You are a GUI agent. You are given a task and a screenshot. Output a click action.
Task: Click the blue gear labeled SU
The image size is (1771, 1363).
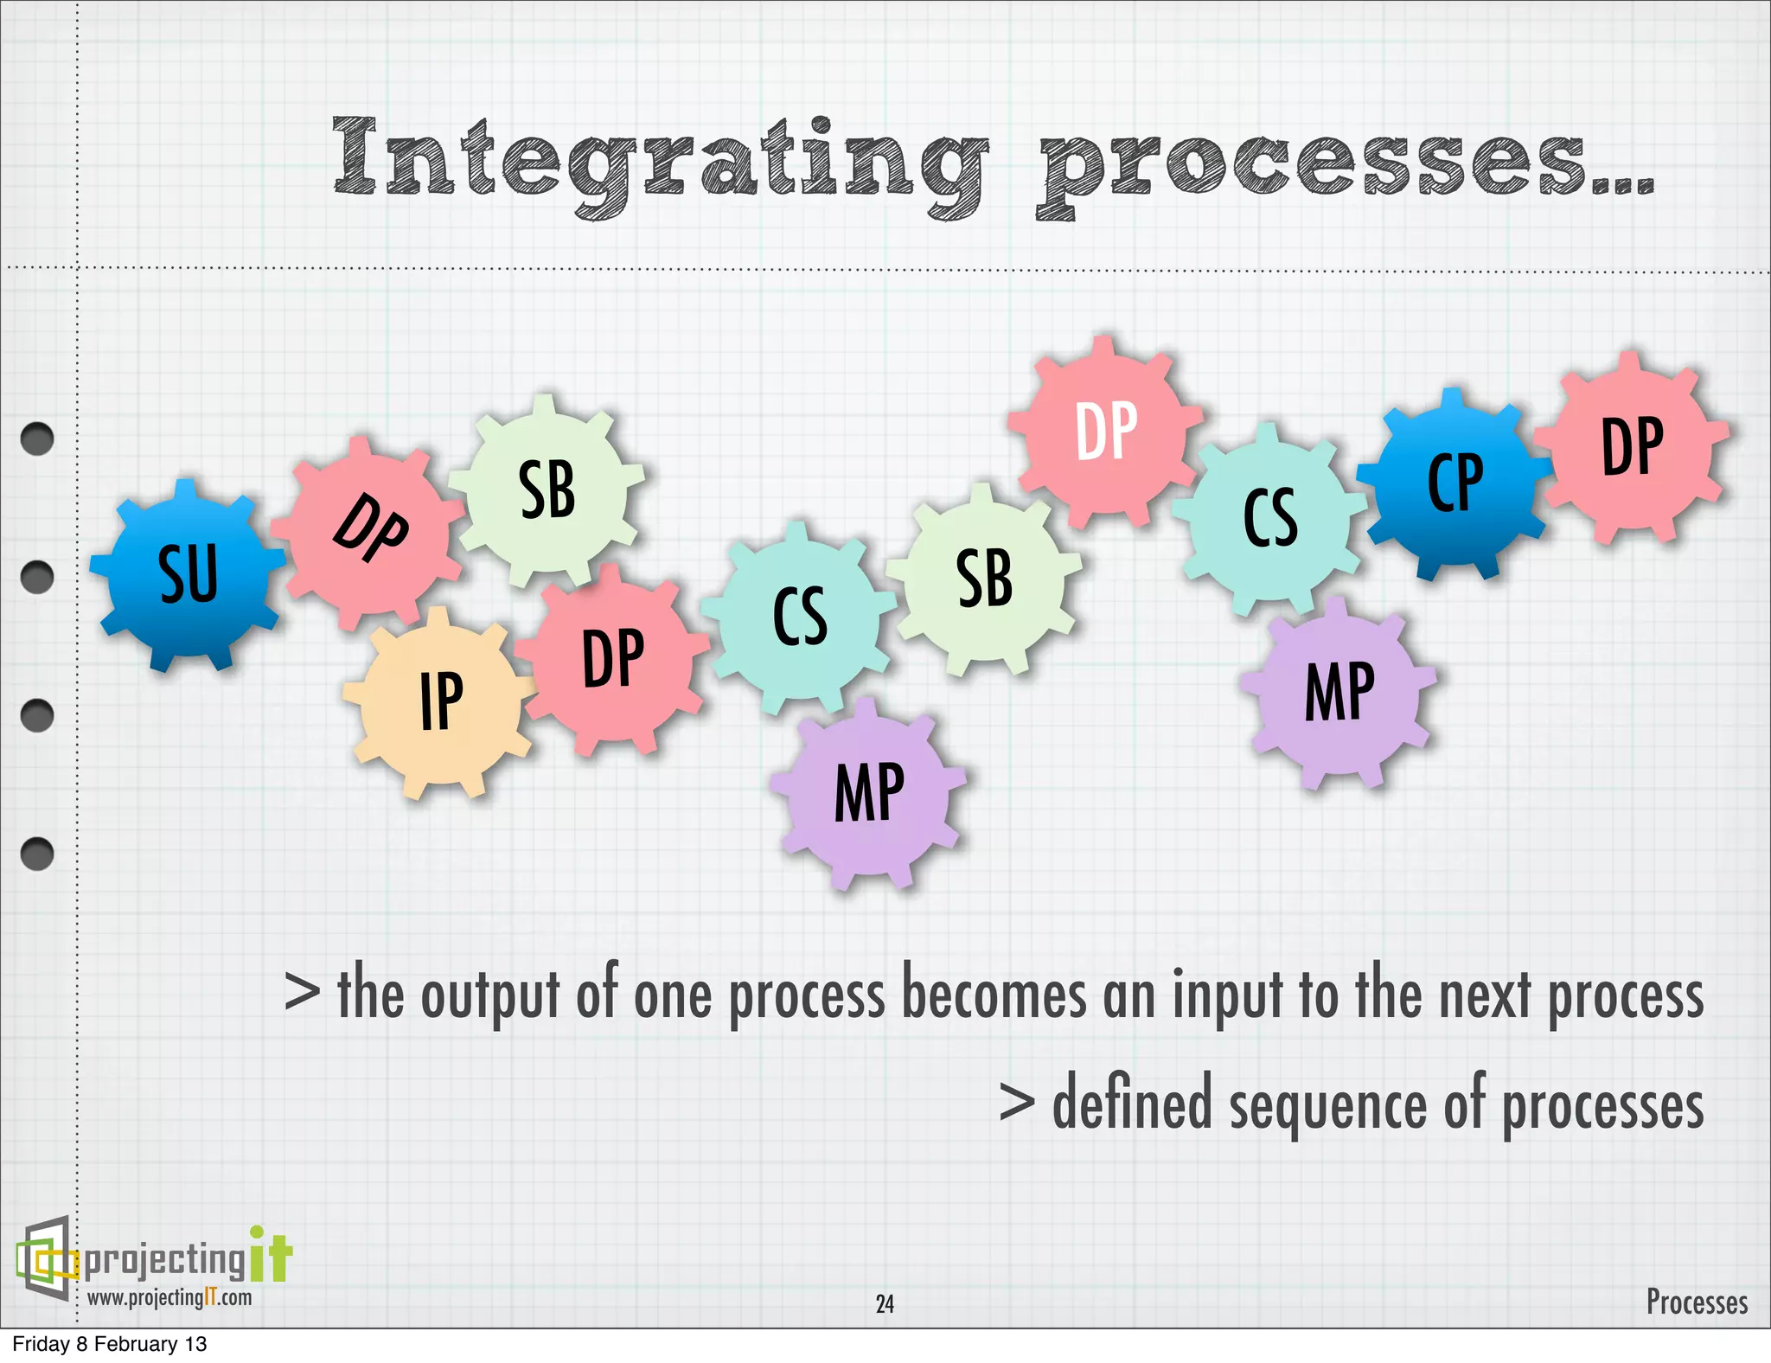188,575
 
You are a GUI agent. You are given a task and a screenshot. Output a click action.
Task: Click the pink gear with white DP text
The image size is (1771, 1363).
1105,430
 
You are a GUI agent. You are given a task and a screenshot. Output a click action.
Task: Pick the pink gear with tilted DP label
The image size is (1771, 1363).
370,528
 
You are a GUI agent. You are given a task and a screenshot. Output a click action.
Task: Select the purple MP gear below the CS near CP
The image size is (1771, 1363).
1339,692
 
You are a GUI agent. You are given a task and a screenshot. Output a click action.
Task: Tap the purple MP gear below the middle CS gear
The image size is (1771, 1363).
869,793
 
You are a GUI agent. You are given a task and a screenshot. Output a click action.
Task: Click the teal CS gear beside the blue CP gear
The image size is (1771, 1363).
1269,517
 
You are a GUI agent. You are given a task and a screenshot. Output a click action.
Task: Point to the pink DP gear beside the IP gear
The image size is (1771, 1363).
613,659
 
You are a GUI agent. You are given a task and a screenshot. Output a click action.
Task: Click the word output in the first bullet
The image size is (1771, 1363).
489,996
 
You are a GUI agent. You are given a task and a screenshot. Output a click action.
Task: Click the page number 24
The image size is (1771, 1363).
885,1303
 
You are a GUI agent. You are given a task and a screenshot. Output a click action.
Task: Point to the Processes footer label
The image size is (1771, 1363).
1696,1302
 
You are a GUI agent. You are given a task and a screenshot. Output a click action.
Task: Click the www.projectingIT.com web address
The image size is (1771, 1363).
169,1297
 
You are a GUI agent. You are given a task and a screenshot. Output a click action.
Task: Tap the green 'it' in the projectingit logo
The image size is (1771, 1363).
271,1256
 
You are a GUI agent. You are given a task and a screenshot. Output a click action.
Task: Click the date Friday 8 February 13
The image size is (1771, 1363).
110,1344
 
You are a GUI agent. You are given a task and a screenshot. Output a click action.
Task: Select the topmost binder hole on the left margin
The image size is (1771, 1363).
37,438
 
